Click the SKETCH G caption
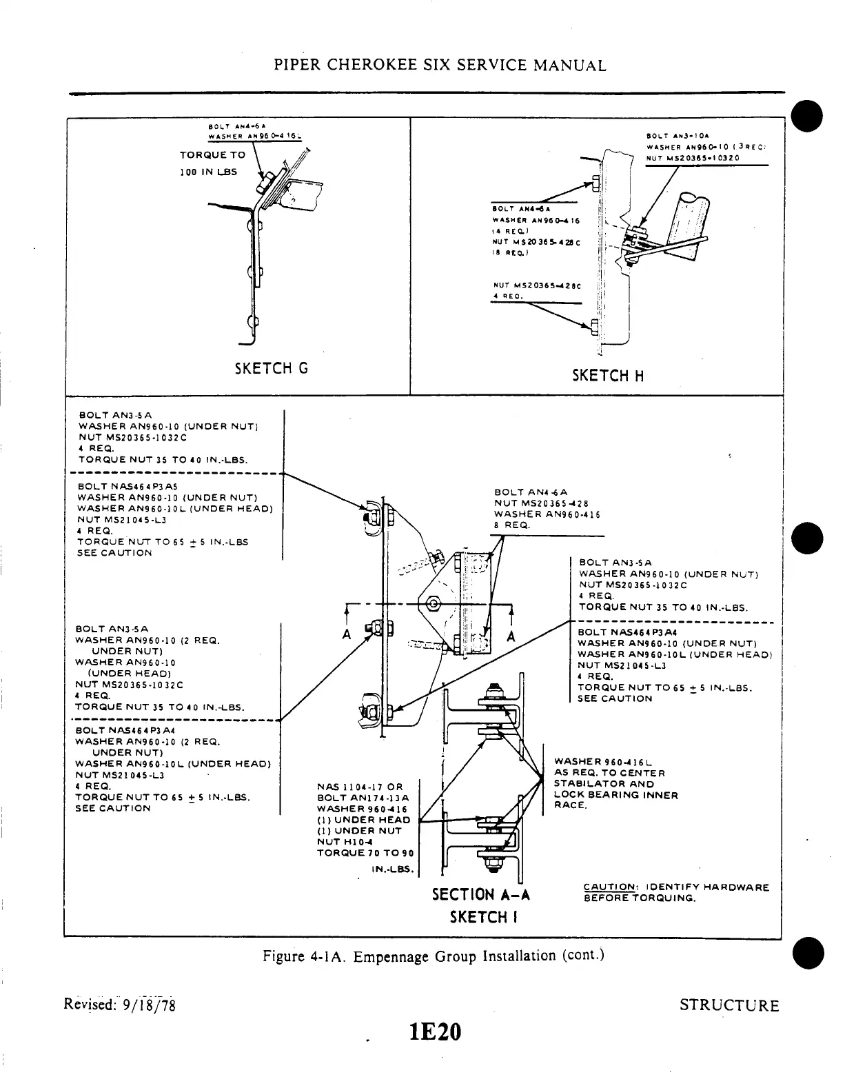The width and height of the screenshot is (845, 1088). [x=271, y=368]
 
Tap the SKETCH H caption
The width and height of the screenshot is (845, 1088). [x=609, y=376]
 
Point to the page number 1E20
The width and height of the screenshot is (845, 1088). [x=434, y=1032]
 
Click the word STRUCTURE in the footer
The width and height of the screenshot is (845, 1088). [x=729, y=1005]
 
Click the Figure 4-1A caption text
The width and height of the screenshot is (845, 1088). [x=434, y=956]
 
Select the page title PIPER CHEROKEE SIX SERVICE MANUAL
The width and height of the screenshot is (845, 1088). [x=440, y=66]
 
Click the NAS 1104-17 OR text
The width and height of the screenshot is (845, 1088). [x=359, y=787]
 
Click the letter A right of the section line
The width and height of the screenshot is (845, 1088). [x=511, y=636]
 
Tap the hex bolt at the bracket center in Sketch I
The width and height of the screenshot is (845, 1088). [x=434, y=603]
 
